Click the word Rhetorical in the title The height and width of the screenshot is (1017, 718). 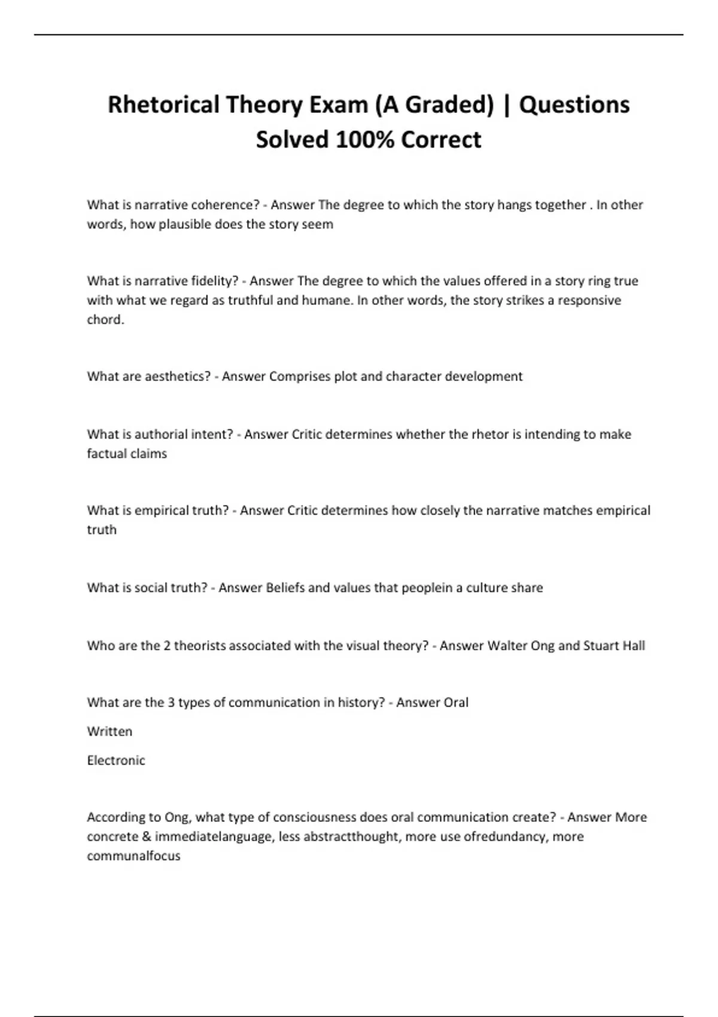pos(163,105)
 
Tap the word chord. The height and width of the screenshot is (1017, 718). pos(105,319)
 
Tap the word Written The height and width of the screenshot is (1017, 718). pos(109,731)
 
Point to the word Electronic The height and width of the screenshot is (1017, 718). pos(116,760)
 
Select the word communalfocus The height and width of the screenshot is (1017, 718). pos(133,856)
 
